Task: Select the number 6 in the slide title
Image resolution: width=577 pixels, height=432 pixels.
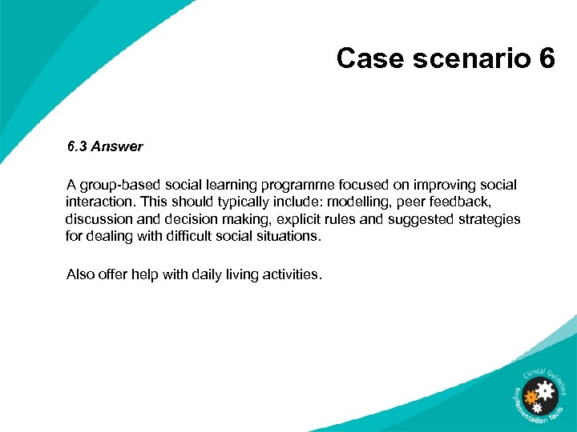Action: (547, 58)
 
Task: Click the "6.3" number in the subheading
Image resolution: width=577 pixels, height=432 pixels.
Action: (78, 146)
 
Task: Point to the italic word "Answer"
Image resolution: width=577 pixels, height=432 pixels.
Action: (117, 146)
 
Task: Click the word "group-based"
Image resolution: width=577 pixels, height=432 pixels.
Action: (116, 185)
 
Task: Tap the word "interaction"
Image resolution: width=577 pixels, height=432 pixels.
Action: (99, 202)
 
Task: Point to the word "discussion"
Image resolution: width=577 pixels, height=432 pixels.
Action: (97, 218)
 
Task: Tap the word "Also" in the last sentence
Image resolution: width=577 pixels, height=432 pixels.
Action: (80, 274)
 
